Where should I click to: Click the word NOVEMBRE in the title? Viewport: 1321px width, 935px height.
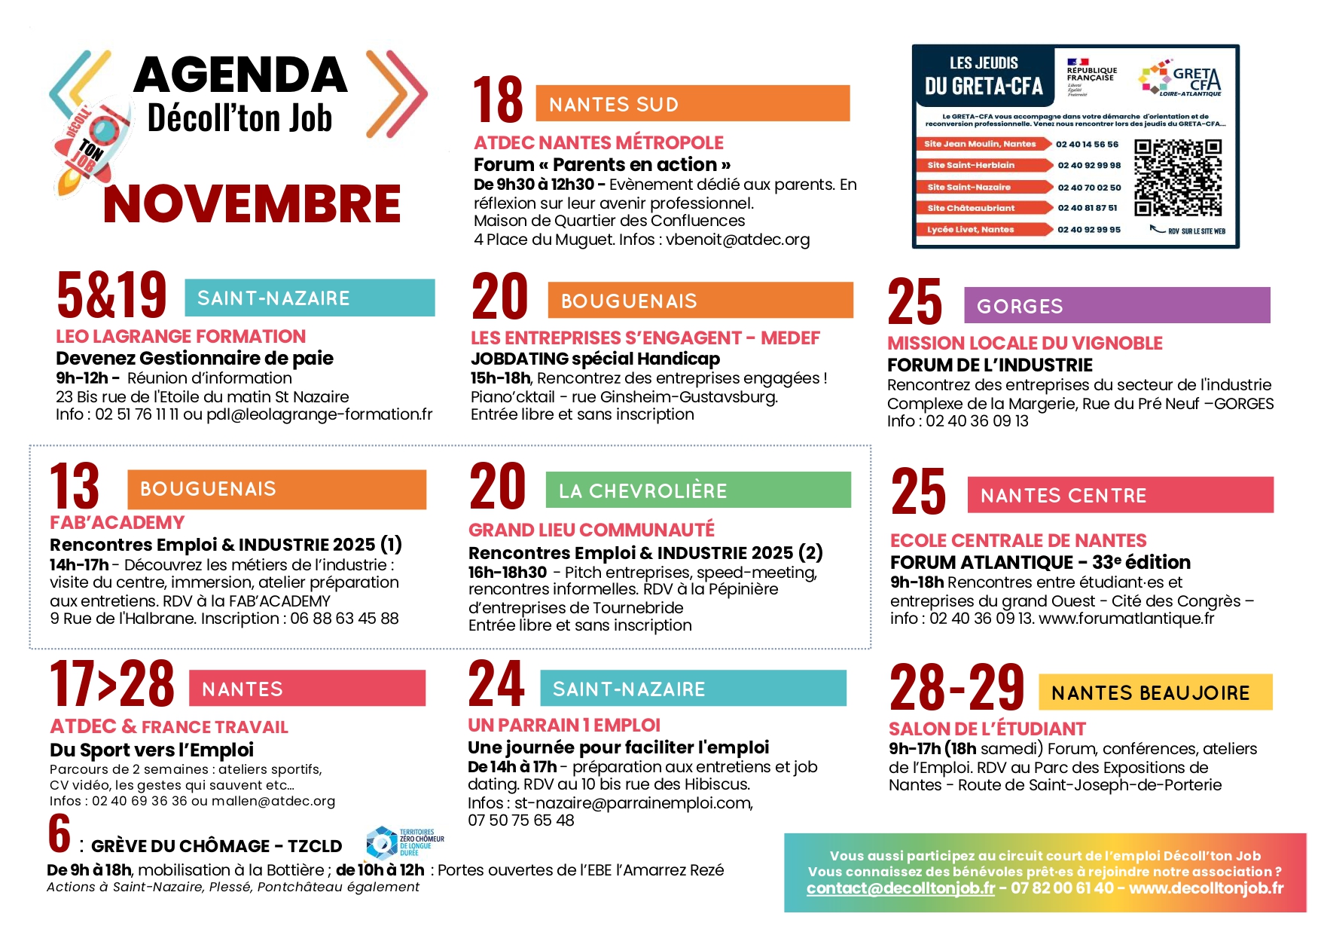click(x=252, y=203)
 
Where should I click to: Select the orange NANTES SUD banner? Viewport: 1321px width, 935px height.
click(x=692, y=104)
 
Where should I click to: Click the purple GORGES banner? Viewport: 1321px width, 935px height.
click(x=1116, y=306)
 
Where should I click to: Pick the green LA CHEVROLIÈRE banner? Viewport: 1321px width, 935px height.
click(x=697, y=490)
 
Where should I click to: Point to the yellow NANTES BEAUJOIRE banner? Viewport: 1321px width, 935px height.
click(x=1155, y=692)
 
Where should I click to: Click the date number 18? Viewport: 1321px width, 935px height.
click(x=498, y=100)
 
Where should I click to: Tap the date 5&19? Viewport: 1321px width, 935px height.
click(x=111, y=295)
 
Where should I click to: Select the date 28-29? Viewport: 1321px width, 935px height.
click(x=956, y=688)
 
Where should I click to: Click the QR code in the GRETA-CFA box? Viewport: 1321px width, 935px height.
click(x=1178, y=178)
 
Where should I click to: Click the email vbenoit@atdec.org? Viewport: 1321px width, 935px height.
click(x=737, y=240)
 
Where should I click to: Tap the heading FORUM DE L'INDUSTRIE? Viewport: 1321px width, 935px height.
click(x=989, y=365)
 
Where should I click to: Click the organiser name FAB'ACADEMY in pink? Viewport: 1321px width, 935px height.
click(x=117, y=523)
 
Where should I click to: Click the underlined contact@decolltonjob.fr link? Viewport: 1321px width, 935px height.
click(x=900, y=888)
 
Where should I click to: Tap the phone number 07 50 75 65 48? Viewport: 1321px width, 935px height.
click(x=520, y=820)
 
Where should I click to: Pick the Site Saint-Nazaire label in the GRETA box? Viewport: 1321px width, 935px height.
click(x=969, y=187)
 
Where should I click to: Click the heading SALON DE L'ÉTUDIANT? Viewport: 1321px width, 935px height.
click(x=987, y=729)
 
